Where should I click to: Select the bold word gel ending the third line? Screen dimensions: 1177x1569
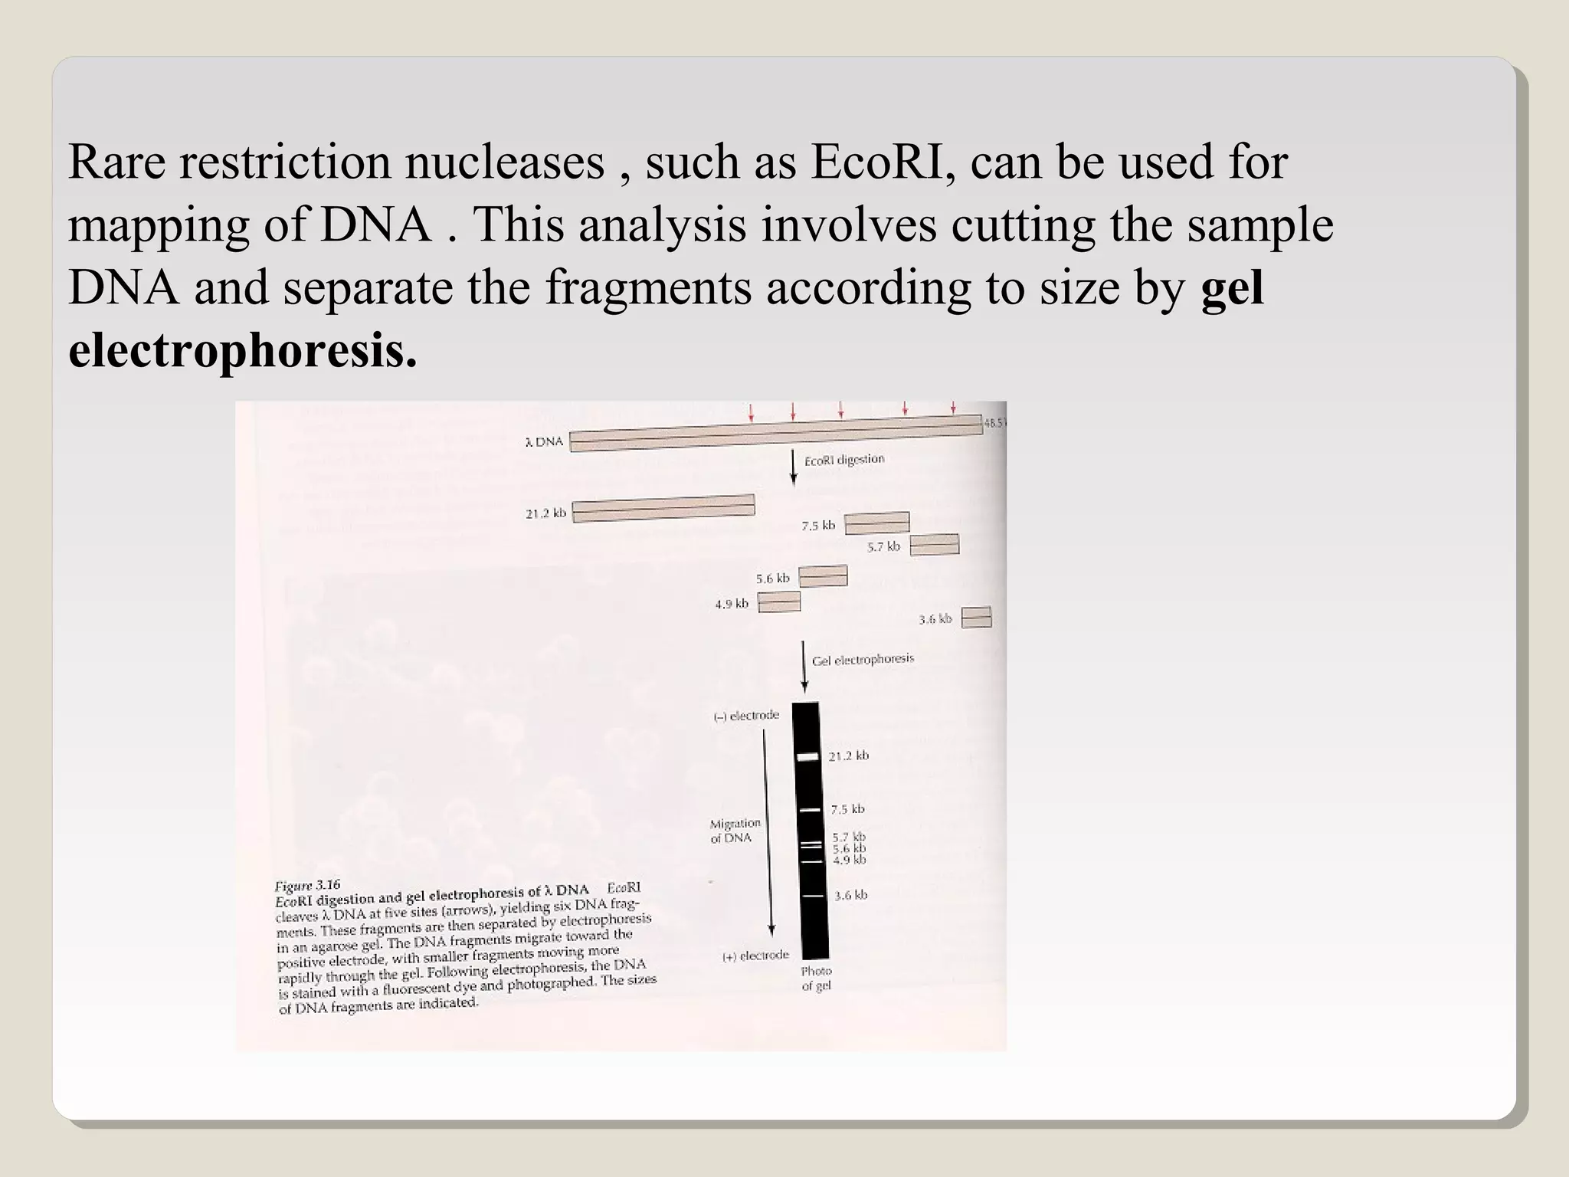point(1232,288)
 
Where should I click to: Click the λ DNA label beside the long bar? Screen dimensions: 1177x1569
point(544,442)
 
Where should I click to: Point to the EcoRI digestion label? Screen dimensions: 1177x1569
point(843,460)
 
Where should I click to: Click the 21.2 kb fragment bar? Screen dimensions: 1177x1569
point(663,509)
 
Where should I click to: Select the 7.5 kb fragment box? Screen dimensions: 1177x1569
point(877,523)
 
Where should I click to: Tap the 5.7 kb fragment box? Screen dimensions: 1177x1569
point(934,545)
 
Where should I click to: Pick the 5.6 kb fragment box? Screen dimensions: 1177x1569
point(823,575)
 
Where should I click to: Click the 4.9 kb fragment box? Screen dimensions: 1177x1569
point(779,602)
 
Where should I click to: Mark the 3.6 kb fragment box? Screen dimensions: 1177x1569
point(976,617)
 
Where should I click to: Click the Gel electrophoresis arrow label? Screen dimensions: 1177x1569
point(863,660)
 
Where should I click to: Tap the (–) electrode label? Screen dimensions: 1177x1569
point(746,716)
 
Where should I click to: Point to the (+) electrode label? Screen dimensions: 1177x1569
point(755,956)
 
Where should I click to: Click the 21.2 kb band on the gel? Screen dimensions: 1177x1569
point(808,757)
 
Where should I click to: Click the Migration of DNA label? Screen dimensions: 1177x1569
point(735,831)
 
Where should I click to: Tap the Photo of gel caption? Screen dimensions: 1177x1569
point(816,979)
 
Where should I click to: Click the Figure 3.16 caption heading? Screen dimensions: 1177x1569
point(307,886)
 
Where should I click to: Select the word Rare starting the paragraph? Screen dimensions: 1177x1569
point(116,162)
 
